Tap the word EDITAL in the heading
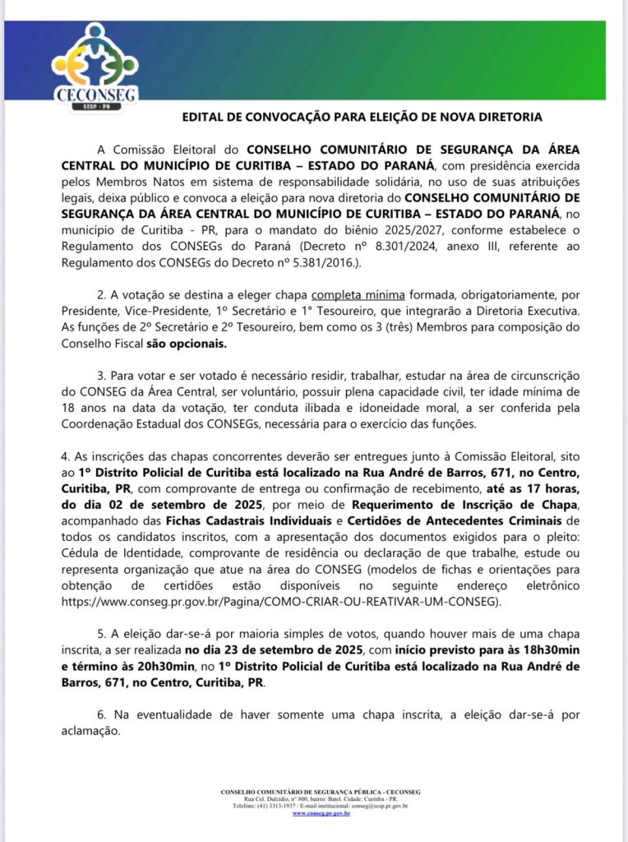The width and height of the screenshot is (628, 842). point(203,118)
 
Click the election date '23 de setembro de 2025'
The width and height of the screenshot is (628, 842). point(275,649)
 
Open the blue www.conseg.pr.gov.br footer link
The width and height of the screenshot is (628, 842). point(321,813)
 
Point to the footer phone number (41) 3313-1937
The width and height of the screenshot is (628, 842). point(279,806)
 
